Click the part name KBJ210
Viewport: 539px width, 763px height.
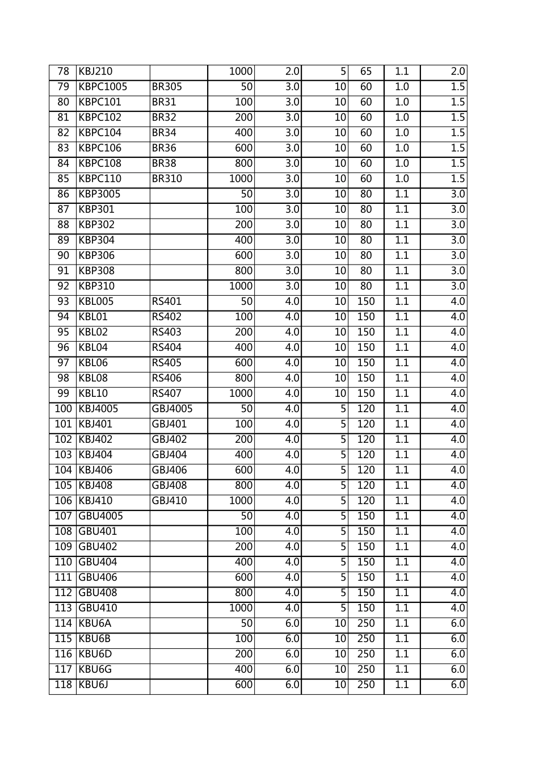point(96,72)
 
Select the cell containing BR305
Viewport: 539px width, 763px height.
point(167,87)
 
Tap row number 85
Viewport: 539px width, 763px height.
point(63,179)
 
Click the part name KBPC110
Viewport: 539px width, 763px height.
point(100,179)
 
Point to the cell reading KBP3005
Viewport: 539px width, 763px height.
point(99,194)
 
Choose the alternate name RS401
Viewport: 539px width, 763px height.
point(167,301)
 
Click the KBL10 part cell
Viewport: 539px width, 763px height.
point(93,393)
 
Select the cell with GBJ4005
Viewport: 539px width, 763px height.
point(172,409)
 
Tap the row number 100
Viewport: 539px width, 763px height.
point(63,409)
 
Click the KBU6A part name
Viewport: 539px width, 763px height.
point(95,623)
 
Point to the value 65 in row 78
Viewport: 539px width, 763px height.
point(366,72)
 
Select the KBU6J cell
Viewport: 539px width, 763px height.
point(93,685)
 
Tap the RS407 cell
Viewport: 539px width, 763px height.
point(167,393)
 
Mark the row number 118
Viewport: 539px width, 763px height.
point(63,685)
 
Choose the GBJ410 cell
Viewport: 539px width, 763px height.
point(169,501)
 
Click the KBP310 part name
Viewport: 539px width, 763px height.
point(96,286)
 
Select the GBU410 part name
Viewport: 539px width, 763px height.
point(98,608)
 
